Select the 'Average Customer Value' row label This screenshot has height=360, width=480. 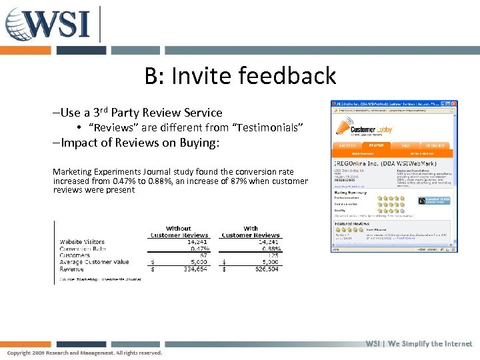click(94, 262)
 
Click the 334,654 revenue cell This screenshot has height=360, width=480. click(195, 269)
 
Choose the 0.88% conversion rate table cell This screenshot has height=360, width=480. click(270, 249)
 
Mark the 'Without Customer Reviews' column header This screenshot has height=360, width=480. click(179, 231)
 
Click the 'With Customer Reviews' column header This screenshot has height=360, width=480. click(251, 231)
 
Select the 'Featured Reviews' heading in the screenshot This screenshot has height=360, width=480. click(351, 225)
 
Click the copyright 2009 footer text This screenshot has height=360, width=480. click(85, 353)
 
